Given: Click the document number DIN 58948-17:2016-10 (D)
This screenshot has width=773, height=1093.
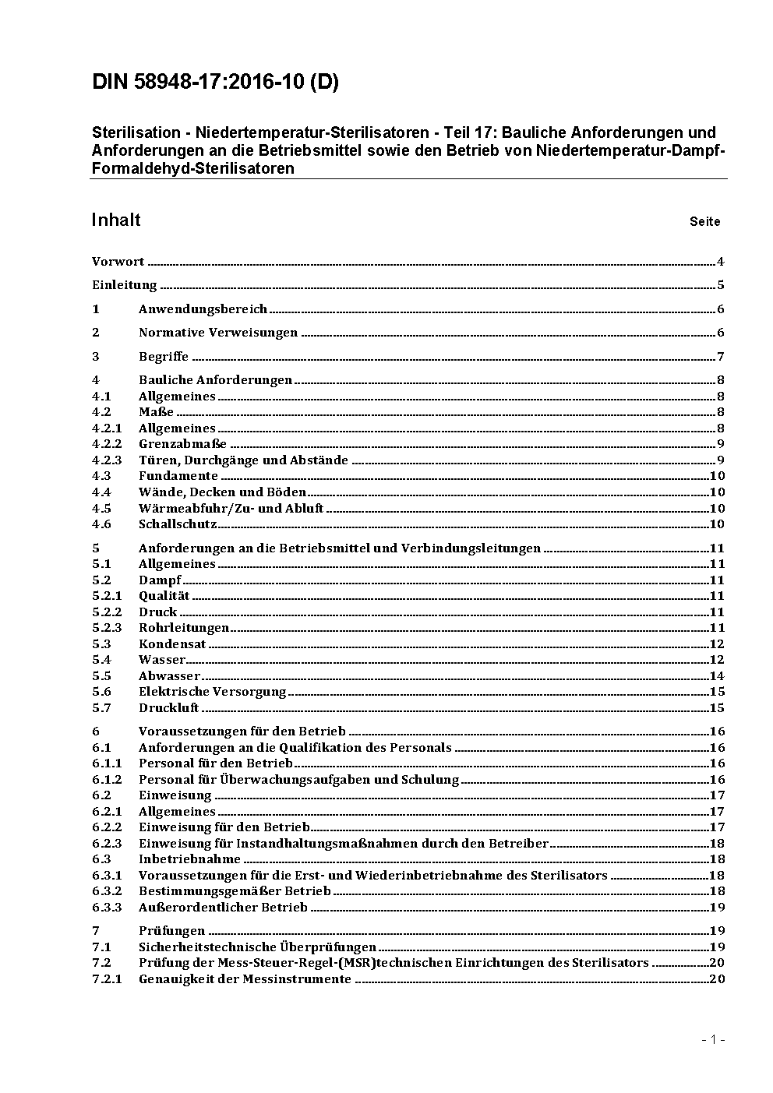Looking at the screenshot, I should (x=215, y=83).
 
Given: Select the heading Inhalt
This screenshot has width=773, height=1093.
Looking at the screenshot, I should (x=115, y=220).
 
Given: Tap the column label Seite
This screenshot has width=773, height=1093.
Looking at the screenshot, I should (x=704, y=222).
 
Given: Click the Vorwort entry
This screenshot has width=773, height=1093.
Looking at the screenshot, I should (x=118, y=262).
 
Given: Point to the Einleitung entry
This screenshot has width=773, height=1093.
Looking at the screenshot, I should (x=124, y=285).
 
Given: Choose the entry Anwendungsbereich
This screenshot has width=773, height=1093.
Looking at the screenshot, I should (x=203, y=309).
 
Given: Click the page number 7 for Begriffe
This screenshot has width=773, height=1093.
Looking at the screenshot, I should (x=721, y=357).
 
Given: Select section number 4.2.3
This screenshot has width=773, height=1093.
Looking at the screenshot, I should (x=107, y=460).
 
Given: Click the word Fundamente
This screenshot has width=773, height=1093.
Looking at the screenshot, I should (x=178, y=476).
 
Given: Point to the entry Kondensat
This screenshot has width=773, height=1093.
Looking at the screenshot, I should (x=172, y=644).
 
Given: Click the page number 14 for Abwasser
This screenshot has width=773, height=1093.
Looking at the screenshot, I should (x=717, y=676).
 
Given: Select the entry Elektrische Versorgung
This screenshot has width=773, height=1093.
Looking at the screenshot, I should (x=212, y=692).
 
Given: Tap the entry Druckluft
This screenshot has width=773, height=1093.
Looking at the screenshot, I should (x=168, y=708).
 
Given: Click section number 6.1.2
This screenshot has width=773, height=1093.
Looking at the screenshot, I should (x=107, y=780).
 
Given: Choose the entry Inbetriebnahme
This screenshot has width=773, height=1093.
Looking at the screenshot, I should (x=189, y=859).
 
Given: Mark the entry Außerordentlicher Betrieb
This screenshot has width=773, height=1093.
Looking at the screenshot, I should (x=223, y=908).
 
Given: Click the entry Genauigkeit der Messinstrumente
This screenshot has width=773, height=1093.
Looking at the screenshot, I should (x=245, y=979).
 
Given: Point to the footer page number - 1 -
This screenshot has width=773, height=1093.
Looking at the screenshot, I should (x=712, y=1039).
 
